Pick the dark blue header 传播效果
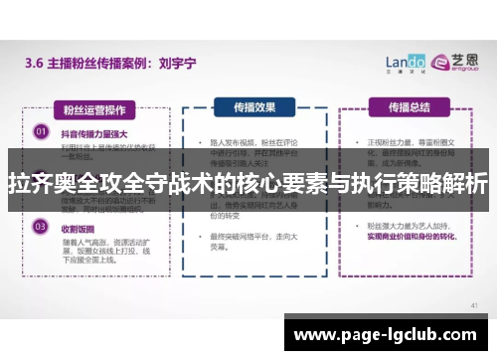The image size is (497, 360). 256,106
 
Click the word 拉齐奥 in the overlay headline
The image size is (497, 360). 41,182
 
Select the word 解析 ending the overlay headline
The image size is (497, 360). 462,182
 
